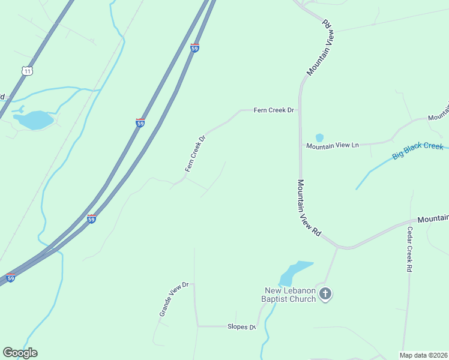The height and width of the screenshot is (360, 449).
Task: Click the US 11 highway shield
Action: coord(26,71)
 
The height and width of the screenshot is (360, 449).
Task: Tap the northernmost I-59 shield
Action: coord(194,48)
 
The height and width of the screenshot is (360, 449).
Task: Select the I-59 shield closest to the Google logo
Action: coord(10,277)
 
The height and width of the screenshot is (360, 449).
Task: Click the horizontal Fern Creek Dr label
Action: coord(274,110)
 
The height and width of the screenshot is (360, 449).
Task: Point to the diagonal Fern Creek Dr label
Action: coord(196,154)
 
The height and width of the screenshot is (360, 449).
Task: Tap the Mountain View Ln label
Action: coord(332,146)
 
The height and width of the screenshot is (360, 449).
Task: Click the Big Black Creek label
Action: coord(418,151)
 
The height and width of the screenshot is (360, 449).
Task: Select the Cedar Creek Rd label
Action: coord(409,250)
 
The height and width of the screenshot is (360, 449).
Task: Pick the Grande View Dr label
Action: coord(174,299)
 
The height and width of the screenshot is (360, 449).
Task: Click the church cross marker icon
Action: coord(325,294)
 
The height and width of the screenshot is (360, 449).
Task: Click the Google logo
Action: coord(20,353)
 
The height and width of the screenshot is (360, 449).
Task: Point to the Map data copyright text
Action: coord(423,355)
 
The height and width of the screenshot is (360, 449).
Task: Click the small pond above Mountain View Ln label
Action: coord(319,138)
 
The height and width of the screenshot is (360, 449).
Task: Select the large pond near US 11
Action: coord(35,120)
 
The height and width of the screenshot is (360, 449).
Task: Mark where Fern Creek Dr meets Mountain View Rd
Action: coord(300,110)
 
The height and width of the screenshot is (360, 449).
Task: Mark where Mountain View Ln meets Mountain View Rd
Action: coord(300,146)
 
